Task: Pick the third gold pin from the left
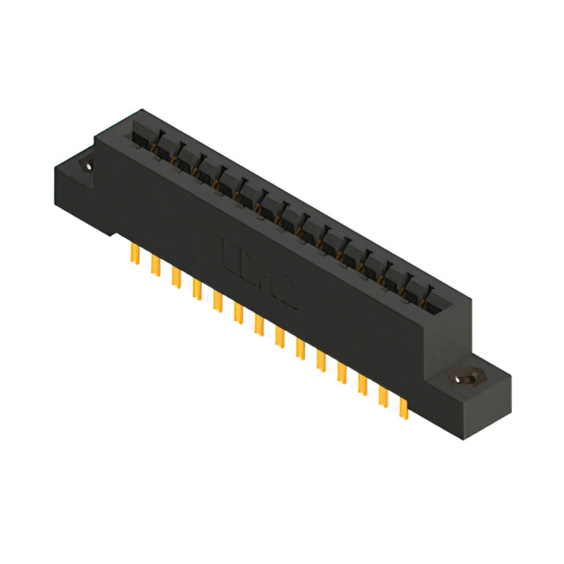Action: (176, 278)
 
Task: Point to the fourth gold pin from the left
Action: (197, 289)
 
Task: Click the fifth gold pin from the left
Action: (217, 301)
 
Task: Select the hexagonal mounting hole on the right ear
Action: (462, 378)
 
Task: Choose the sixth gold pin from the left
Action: (238, 313)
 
